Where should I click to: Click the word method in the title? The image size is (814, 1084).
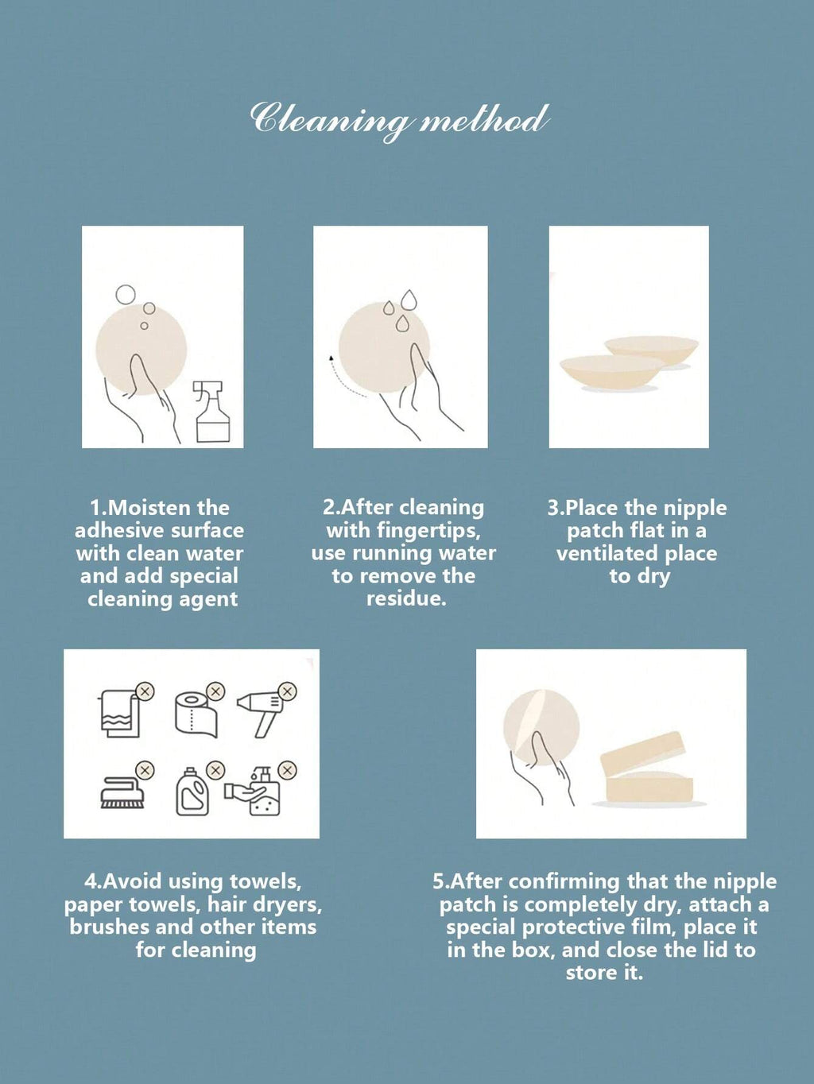tap(483, 119)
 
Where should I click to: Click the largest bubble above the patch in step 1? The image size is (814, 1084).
tap(126, 294)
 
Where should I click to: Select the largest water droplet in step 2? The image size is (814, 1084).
tap(409, 300)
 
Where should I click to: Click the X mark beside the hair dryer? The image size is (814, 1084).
tap(288, 691)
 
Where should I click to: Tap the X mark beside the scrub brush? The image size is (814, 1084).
tap(145, 769)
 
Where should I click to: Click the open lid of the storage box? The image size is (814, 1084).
tap(643, 753)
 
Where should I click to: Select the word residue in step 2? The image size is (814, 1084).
tap(406, 598)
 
